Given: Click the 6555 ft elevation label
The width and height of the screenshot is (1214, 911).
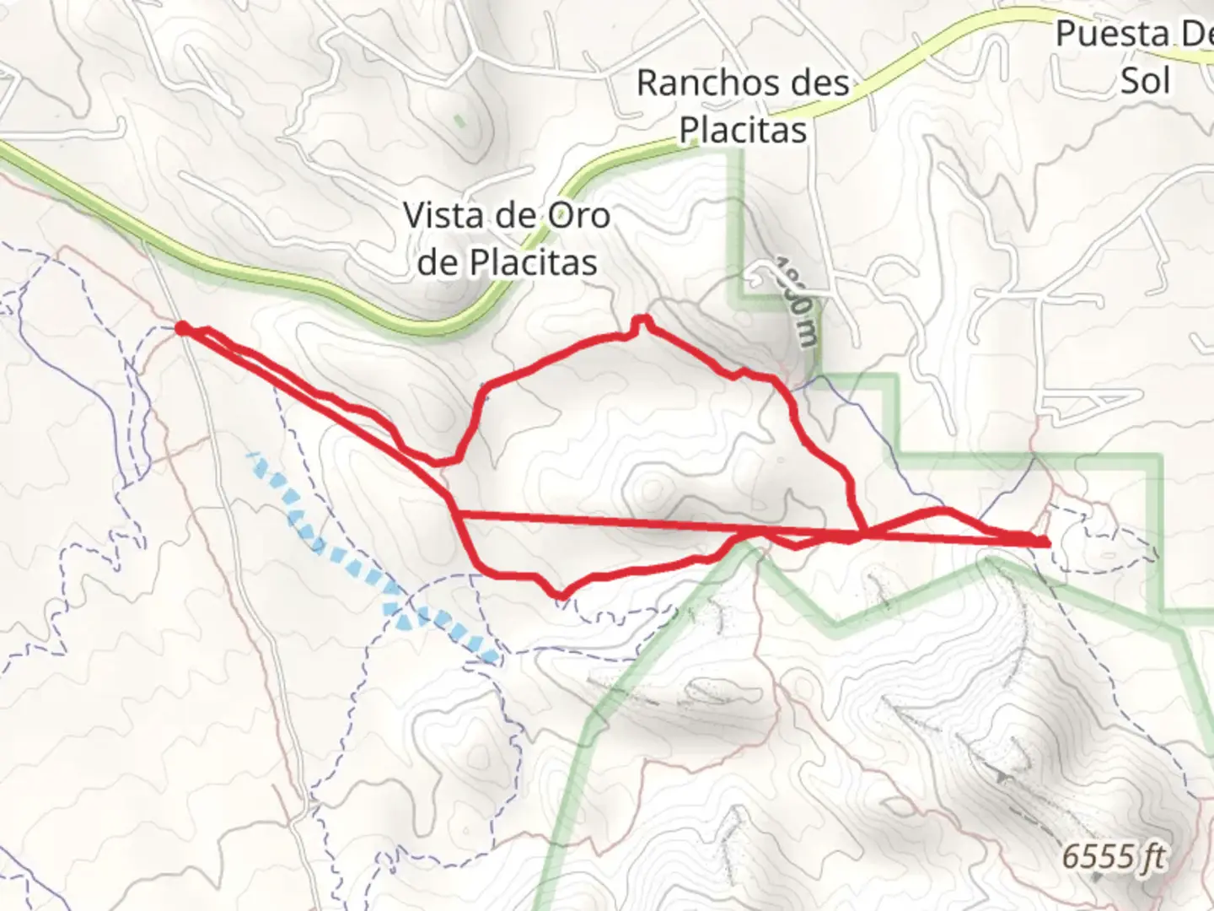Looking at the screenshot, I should pos(1112,857).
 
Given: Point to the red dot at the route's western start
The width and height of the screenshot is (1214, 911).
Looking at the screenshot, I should pos(181,327).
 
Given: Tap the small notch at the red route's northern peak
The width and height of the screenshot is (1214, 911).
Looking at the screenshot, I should pos(642,321).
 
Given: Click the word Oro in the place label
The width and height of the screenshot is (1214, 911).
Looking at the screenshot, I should pos(579,215).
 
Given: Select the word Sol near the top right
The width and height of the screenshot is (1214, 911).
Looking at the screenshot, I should pos(1146,81).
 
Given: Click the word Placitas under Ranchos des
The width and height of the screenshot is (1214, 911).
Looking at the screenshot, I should pos(743,131).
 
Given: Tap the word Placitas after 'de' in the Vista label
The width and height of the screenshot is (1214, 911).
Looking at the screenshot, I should pos(533,262).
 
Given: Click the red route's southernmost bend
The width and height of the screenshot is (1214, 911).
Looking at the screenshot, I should pos(560,596).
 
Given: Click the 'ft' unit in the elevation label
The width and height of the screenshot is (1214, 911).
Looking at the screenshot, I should pos(1151,857).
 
